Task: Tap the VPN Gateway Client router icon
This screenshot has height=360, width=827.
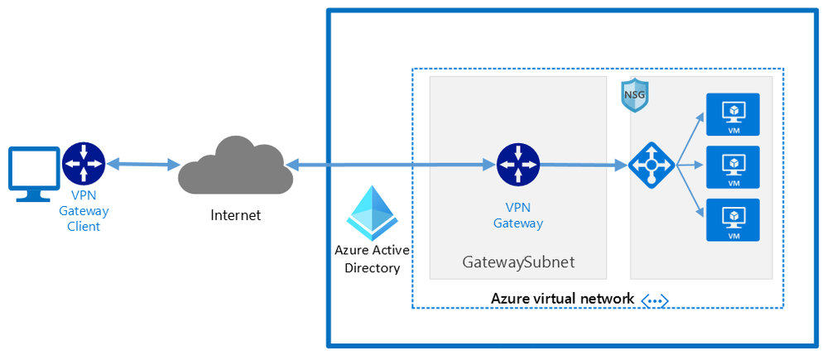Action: tap(84, 163)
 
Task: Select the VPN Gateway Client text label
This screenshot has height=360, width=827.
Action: tap(84, 211)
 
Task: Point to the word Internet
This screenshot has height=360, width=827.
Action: tap(236, 215)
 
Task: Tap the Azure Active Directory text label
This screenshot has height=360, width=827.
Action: tap(372, 259)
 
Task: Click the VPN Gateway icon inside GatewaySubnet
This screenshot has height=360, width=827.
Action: tap(518, 165)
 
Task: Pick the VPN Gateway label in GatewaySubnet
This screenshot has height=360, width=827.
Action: tap(518, 215)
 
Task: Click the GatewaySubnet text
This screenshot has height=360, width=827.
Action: tap(518, 262)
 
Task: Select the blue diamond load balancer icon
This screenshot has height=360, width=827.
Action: tap(652, 165)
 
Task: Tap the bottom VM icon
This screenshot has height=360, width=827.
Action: tap(733, 220)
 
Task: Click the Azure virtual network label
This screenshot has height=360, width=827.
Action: tap(562, 299)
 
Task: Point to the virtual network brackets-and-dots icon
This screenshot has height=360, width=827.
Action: tap(654, 300)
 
